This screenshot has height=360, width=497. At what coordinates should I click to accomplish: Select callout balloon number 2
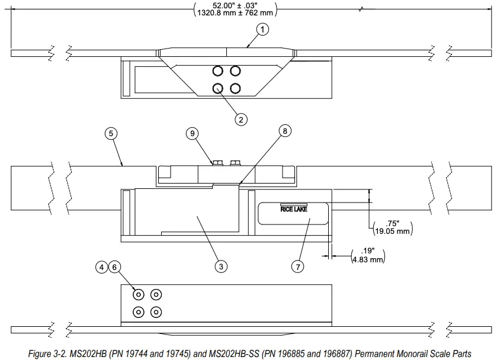click(x=241, y=119)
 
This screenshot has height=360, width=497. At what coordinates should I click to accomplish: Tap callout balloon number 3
click(x=220, y=267)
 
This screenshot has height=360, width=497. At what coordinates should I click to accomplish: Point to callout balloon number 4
click(x=102, y=267)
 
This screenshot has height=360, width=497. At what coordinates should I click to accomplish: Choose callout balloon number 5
click(x=110, y=133)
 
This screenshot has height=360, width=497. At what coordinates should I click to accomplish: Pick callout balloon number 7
click(x=298, y=267)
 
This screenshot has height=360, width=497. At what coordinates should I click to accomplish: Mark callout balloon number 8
click(x=285, y=131)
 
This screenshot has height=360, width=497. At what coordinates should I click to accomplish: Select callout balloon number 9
click(x=192, y=133)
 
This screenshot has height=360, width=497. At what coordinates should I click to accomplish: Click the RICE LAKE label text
click(x=294, y=208)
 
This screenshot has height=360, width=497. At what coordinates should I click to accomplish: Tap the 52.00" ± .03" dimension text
click(x=235, y=4)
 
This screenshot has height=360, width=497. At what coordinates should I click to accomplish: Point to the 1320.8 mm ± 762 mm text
click(x=235, y=12)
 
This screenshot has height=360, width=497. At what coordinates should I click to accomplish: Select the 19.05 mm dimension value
click(x=392, y=231)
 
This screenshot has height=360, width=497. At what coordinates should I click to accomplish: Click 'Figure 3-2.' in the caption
click(x=49, y=353)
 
